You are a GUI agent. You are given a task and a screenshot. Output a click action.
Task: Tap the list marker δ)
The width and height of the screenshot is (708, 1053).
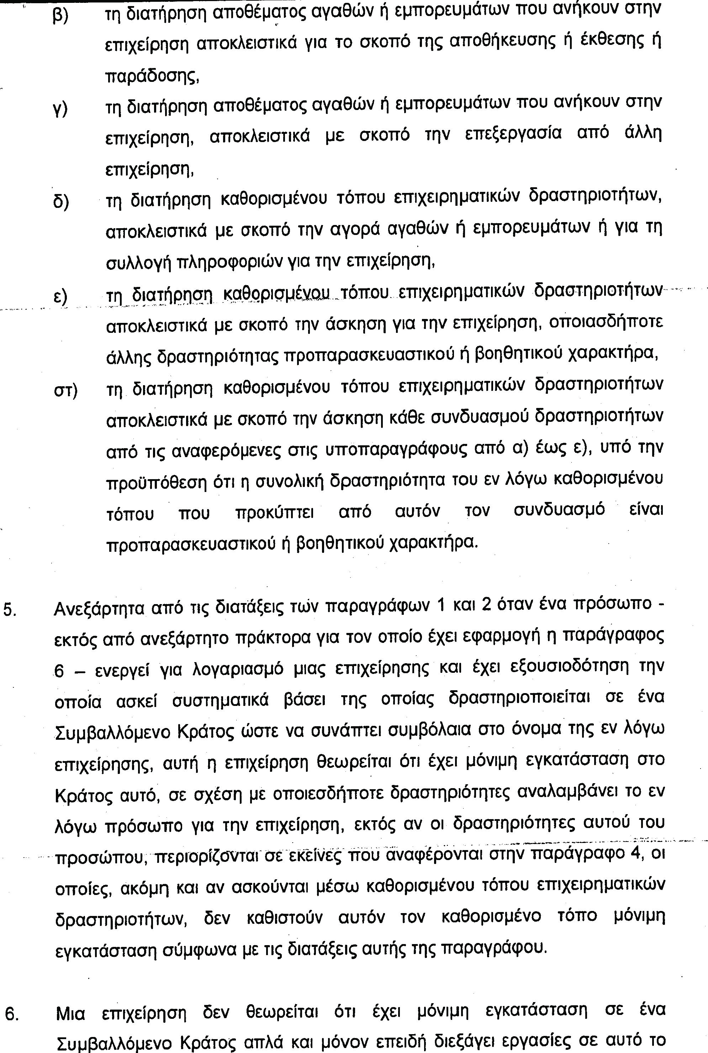coord(61,202)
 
